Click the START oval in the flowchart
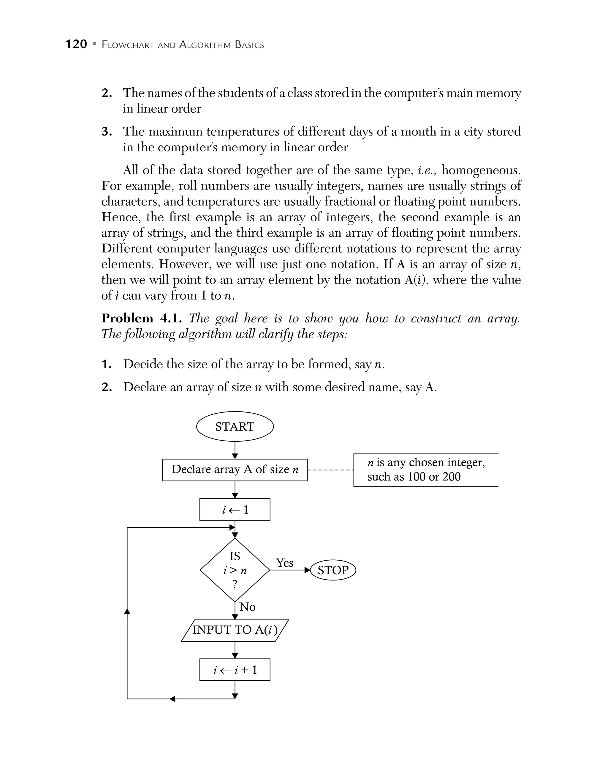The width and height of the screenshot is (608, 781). click(x=235, y=426)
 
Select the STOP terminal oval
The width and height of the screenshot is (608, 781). click(x=333, y=570)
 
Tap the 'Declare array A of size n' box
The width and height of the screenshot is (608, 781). click(x=235, y=470)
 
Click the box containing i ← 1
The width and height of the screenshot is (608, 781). click(x=235, y=509)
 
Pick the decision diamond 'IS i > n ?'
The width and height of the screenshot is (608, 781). click(x=235, y=570)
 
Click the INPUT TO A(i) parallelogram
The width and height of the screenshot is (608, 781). click(x=235, y=630)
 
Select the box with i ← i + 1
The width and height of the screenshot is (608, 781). click(x=235, y=669)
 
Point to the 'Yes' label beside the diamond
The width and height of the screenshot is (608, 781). click(x=284, y=563)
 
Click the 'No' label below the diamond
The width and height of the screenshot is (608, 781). click(x=247, y=607)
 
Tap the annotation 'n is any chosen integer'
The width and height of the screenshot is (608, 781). click(x=426, y=462)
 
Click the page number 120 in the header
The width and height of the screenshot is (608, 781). click(x=76, y=44)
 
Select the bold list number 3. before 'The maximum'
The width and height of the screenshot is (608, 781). click(x=106, y=132)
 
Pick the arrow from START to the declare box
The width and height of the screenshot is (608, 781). click(x=235, y=450)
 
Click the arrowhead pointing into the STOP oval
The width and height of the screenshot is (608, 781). click(x=307, y=570)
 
